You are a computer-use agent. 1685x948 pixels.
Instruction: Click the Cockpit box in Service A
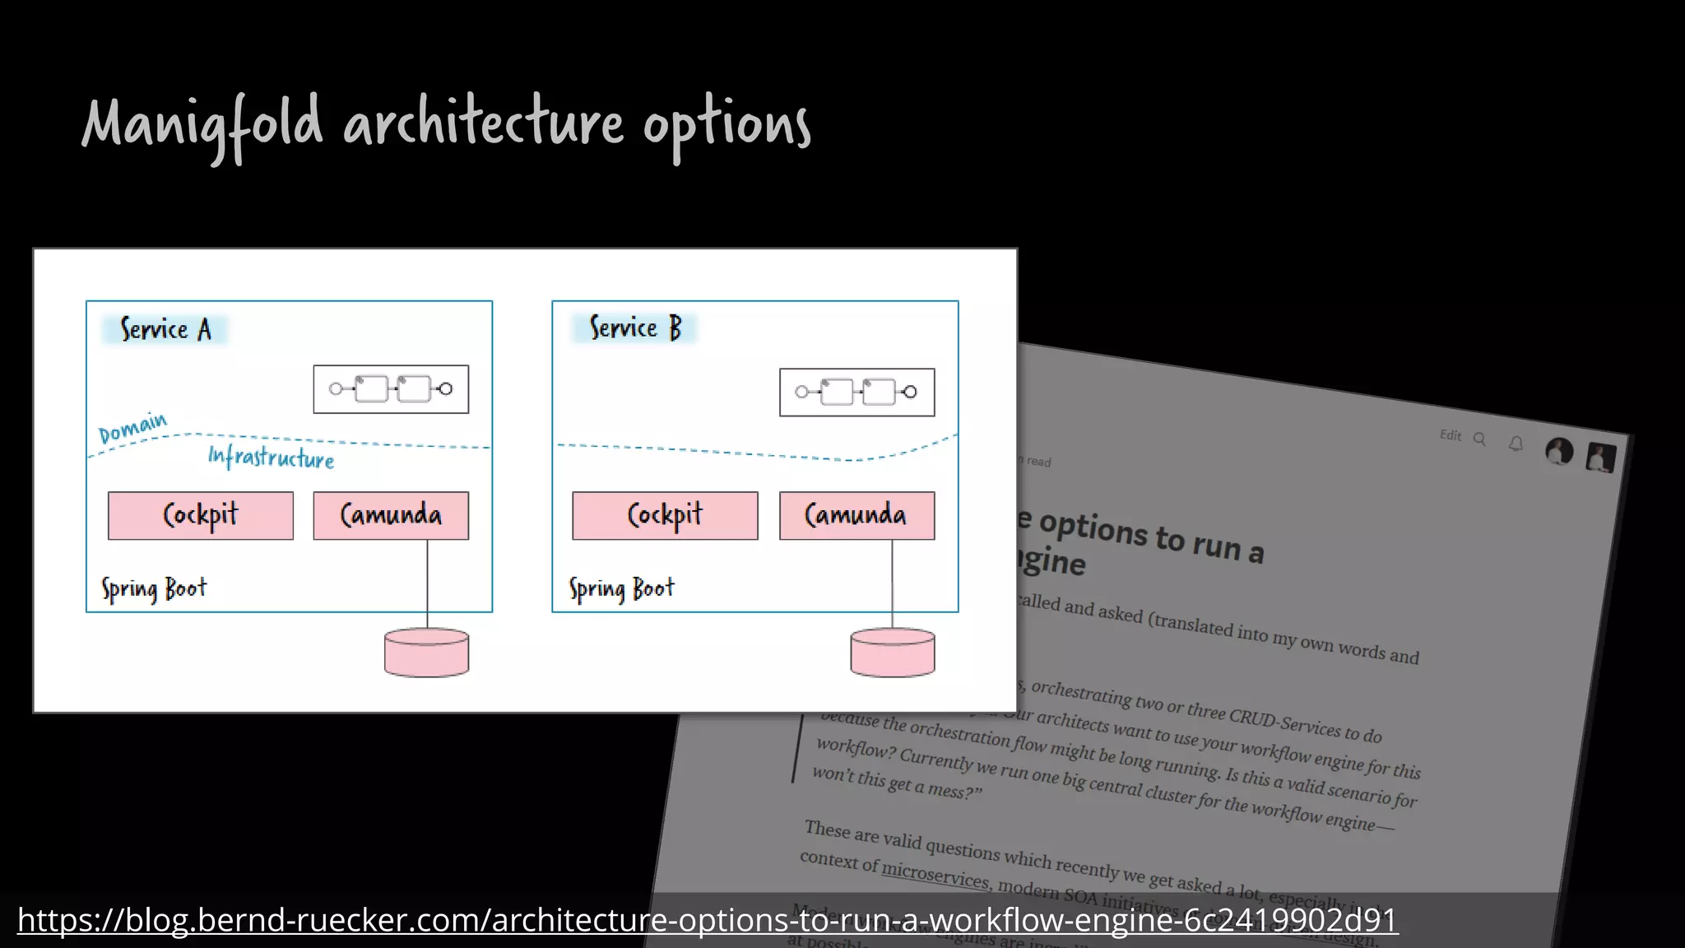point(201,516)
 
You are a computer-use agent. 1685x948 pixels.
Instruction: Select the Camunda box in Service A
point(391,516)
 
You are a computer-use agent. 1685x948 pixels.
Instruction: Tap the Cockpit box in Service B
point(665,516)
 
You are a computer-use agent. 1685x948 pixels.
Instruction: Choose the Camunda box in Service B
point(856,516)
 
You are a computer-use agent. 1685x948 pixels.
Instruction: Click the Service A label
point(165,330)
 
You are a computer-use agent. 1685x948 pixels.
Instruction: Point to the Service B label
point(635,328)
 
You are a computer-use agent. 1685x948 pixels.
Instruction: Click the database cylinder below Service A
point(426,653)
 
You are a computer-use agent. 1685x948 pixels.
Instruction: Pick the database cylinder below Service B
point(892,653)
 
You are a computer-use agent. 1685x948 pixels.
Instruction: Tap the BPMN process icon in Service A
point(391,389)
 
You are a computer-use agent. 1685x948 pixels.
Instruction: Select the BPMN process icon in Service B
point(856,393)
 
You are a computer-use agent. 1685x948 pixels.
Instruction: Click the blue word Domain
point(132,428)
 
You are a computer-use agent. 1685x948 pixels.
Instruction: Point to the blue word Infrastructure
point(271,458)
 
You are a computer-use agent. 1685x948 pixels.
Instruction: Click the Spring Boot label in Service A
point(154,589)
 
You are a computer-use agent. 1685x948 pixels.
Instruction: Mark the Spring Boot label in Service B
point(621,589)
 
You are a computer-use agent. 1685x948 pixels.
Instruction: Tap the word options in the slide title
point(726,125)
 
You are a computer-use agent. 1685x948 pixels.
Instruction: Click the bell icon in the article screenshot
point(1516,444)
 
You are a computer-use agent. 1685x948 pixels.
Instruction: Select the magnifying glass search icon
point(1479,439)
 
